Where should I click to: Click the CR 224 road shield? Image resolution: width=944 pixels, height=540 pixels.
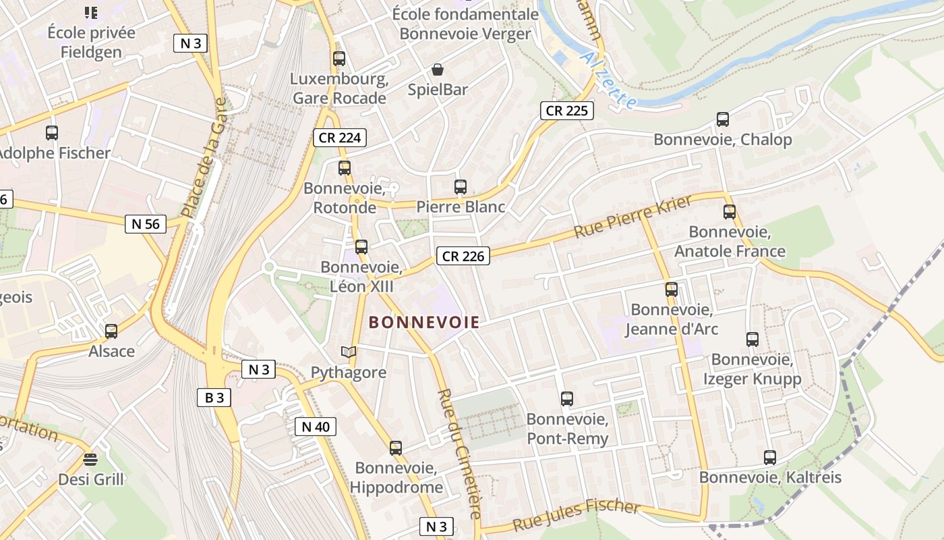(341, 138)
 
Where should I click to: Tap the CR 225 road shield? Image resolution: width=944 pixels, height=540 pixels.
(567, 111)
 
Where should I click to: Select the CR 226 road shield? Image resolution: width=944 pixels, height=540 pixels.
(463, 256)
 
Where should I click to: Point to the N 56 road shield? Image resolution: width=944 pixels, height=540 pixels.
(146, 224)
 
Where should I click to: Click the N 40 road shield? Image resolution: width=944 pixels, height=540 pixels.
(315, 427)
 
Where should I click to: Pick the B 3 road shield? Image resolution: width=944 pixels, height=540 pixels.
(214, 398)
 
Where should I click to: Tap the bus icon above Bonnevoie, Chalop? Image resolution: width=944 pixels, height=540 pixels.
(723, 119)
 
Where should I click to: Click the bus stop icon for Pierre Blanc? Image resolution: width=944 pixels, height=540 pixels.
(461, 187)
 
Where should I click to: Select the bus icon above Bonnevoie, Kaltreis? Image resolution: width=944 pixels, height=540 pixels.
(770, 458)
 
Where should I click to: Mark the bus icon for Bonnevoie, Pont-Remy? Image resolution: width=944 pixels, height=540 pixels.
(567, 399)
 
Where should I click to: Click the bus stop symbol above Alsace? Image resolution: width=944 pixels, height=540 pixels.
(111, 331)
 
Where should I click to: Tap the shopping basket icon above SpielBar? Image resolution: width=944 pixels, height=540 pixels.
(438, 70)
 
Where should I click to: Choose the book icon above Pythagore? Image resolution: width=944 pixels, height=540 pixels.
(348, 352)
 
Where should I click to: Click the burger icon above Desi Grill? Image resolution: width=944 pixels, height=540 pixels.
(90, 460)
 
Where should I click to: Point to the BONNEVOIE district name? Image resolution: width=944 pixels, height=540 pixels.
(425, 323)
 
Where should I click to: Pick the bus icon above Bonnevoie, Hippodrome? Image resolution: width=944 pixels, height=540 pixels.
(396, 448)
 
